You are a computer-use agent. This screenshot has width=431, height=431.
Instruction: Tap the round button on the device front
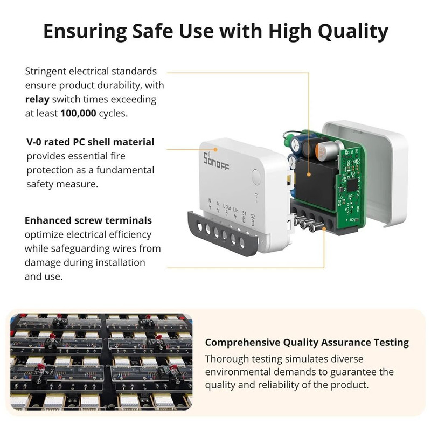[256, 176]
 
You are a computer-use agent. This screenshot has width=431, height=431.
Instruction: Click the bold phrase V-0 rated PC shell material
[91, 142]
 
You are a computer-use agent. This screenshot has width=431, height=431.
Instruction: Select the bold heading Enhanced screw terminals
[88, 220]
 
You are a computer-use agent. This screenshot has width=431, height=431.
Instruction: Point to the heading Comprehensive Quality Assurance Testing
[307, 342]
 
